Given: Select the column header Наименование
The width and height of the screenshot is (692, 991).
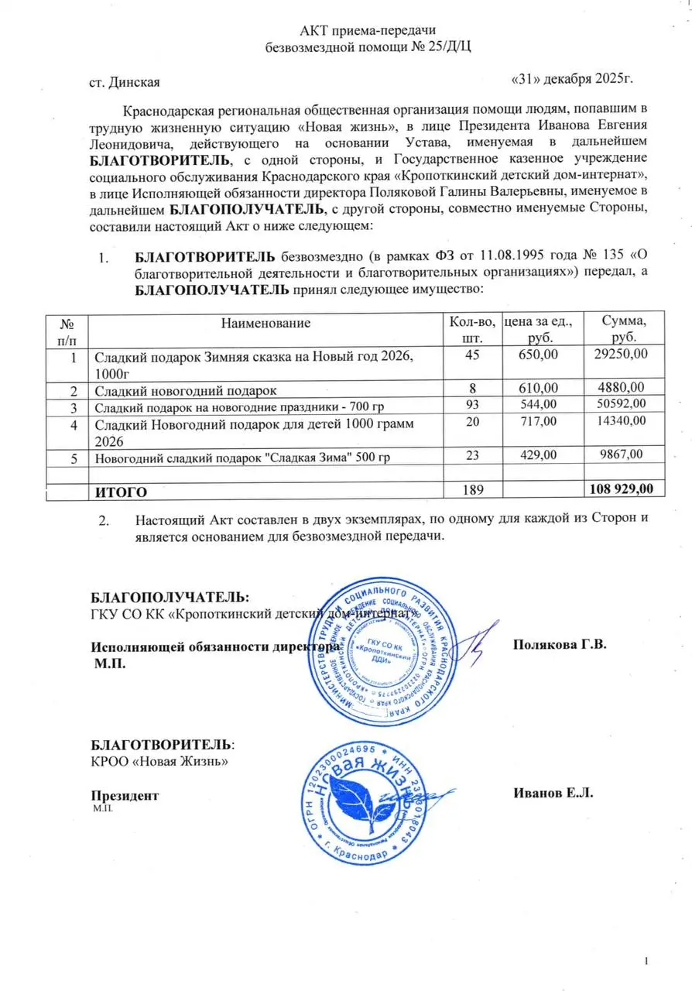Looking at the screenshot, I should point(265,323).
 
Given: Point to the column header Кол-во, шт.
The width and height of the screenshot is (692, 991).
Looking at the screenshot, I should point(471,329).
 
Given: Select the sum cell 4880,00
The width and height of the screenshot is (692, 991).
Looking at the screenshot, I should point(620,387).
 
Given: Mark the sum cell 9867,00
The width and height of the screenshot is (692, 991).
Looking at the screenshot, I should point(620,457).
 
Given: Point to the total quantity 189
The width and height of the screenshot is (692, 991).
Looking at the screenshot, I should point(471,490).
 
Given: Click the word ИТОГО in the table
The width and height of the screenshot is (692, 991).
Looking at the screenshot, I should point(120,491).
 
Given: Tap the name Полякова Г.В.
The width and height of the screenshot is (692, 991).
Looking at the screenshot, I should point(560,645).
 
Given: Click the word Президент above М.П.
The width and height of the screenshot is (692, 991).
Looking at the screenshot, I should point(125,795).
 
